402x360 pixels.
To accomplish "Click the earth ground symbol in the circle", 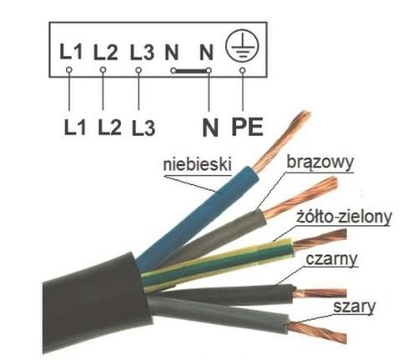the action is pyautogui.click(x=242, y=47).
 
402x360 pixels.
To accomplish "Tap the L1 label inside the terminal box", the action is pyautogui.click(x=71, y=52).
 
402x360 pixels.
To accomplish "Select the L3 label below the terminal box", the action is pyautogui.click(x=143, y=127).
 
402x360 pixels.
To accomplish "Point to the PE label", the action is pyautogui.click(x=248, y=127).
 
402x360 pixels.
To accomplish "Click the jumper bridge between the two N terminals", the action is pyautogui.click(x=191, y=71).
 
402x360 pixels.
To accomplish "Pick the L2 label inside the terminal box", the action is pyautogui.click(x=106, y=52).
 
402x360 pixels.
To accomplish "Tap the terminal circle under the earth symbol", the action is pyautogui.click(x=243, y=71).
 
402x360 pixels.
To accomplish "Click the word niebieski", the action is pyautogui.click(x=197, y=164).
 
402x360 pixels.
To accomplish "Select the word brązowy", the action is pyautogui.click(x=320, y=162).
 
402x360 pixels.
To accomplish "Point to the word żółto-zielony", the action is pyautogui.click(x=344, y=217).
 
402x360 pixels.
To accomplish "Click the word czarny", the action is pyautogui.click(x=332, y=259).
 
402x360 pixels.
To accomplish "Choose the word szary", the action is pyautogui.click(x=354, y=307).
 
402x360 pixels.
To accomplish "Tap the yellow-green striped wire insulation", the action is pyautogui.click(x=218, y=264).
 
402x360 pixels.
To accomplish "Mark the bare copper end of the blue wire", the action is pyautogui.click(x=282, y=141).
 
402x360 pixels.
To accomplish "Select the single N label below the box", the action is pyautogui.click(x=210, y=127).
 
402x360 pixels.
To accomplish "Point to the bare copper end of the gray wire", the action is pyautogui.click(x=317, y=332).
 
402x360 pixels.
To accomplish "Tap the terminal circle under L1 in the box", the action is pyautogui.click(x=69, y=70).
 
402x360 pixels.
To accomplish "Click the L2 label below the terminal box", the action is pyautogui.click(x=110, y=127).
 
